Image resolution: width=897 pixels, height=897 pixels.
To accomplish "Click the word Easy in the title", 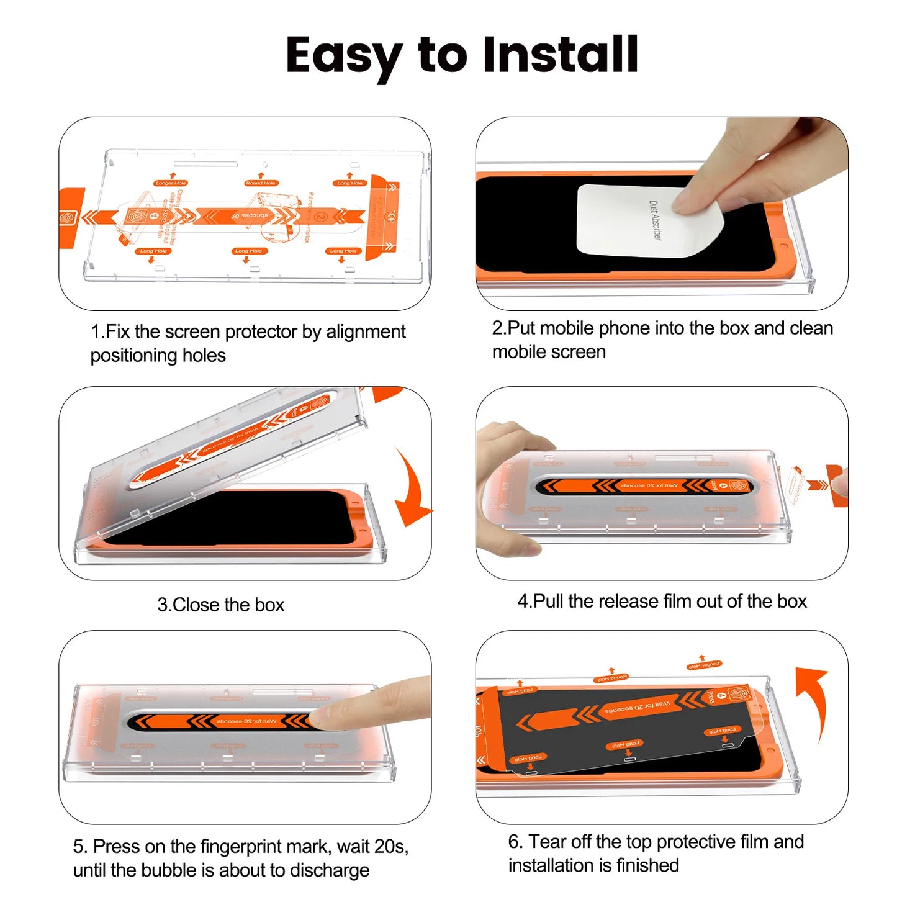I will click(343, 56).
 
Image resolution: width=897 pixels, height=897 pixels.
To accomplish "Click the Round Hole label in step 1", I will click(261, 183).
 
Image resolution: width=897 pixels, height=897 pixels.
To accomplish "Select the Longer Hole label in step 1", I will click(171, 183).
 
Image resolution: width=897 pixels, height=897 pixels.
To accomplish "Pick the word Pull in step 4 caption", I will click(548, 602).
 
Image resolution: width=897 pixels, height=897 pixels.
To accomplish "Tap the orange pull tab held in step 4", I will click(835, 485).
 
